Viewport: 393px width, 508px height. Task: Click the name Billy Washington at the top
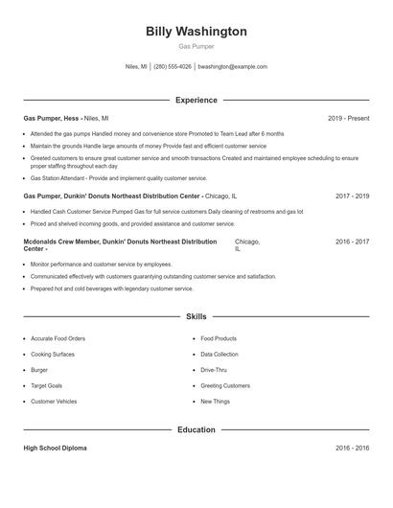tap(196, 32)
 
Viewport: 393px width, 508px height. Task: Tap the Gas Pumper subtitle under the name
tap(196, 46)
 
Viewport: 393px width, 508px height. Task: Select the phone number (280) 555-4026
tap(173, 67)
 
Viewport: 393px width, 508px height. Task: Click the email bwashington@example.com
tap(232, 67)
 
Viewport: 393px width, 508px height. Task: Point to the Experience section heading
tap(196, 100)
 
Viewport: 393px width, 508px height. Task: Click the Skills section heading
tap(196, 315)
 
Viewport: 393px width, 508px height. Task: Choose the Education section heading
tap(196, 429)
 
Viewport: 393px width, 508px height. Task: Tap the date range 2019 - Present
tap(348, 119)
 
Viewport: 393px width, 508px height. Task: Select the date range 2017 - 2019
tap(352, 196)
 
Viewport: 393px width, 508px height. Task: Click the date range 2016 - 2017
tap(352, 242)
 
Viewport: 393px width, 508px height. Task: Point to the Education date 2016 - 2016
tap(352, 448)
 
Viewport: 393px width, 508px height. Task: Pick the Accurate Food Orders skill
tap(58, 338)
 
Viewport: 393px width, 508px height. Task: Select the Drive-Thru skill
tap(214, 369)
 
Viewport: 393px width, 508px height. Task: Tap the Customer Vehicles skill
tap(54, 402)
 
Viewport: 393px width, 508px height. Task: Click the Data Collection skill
tap(219, 354)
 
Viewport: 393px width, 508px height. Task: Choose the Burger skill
tap(39, 369)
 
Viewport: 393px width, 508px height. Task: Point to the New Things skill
tap(215, 402)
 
